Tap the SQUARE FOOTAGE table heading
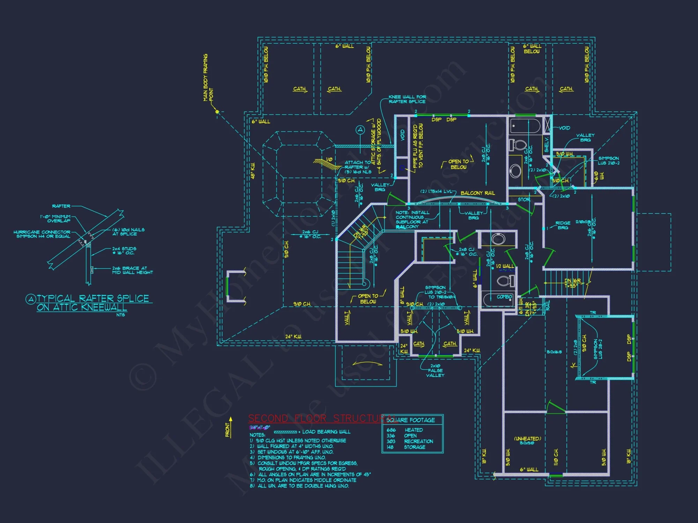tap(411, 420)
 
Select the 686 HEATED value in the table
tap(405, 430)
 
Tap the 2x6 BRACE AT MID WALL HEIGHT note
tap(132, 270)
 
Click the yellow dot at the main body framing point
tap(217, 112)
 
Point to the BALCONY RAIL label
tap(477, 193)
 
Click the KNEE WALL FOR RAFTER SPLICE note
tap(407, 99)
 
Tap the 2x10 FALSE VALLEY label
tap(435, 371)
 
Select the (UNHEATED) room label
tap(527, 439)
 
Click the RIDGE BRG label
tap(563, 225)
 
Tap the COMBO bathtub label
tap(504, 297)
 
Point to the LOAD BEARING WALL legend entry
tap(326, 432)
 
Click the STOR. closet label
tap(524, 200)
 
